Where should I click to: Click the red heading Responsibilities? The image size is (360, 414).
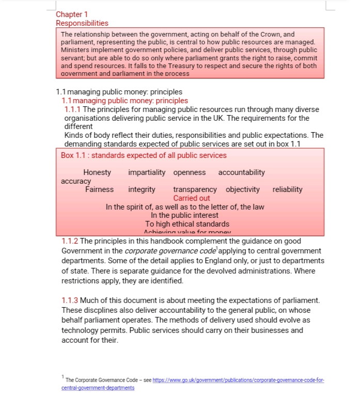[x=82, y=23]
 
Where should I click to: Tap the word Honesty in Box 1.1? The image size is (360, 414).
[x=97, y=172]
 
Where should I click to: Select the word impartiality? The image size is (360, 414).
[x=147, y=172]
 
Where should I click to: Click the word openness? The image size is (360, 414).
[x=189, y=172]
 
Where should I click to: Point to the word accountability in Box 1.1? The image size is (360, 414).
[x=241, y=172]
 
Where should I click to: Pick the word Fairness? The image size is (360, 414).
[x=99, y=189]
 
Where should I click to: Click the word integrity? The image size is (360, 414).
[x=142, y=189]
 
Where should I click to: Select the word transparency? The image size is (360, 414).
[x=195, y=189]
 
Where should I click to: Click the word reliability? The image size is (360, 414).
[x=287, y=189]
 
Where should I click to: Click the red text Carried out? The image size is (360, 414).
[x=192, y=198]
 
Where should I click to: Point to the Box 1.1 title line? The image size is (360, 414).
[x=144, y=155]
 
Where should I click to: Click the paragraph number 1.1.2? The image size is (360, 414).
[x=70, y=241]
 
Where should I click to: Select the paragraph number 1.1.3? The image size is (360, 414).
[x=70, y=300]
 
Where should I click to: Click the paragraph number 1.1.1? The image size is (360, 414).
[x=73, y=109]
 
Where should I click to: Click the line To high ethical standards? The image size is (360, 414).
[x=187, y=224]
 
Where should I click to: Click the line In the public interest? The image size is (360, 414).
[x=184, y=216]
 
